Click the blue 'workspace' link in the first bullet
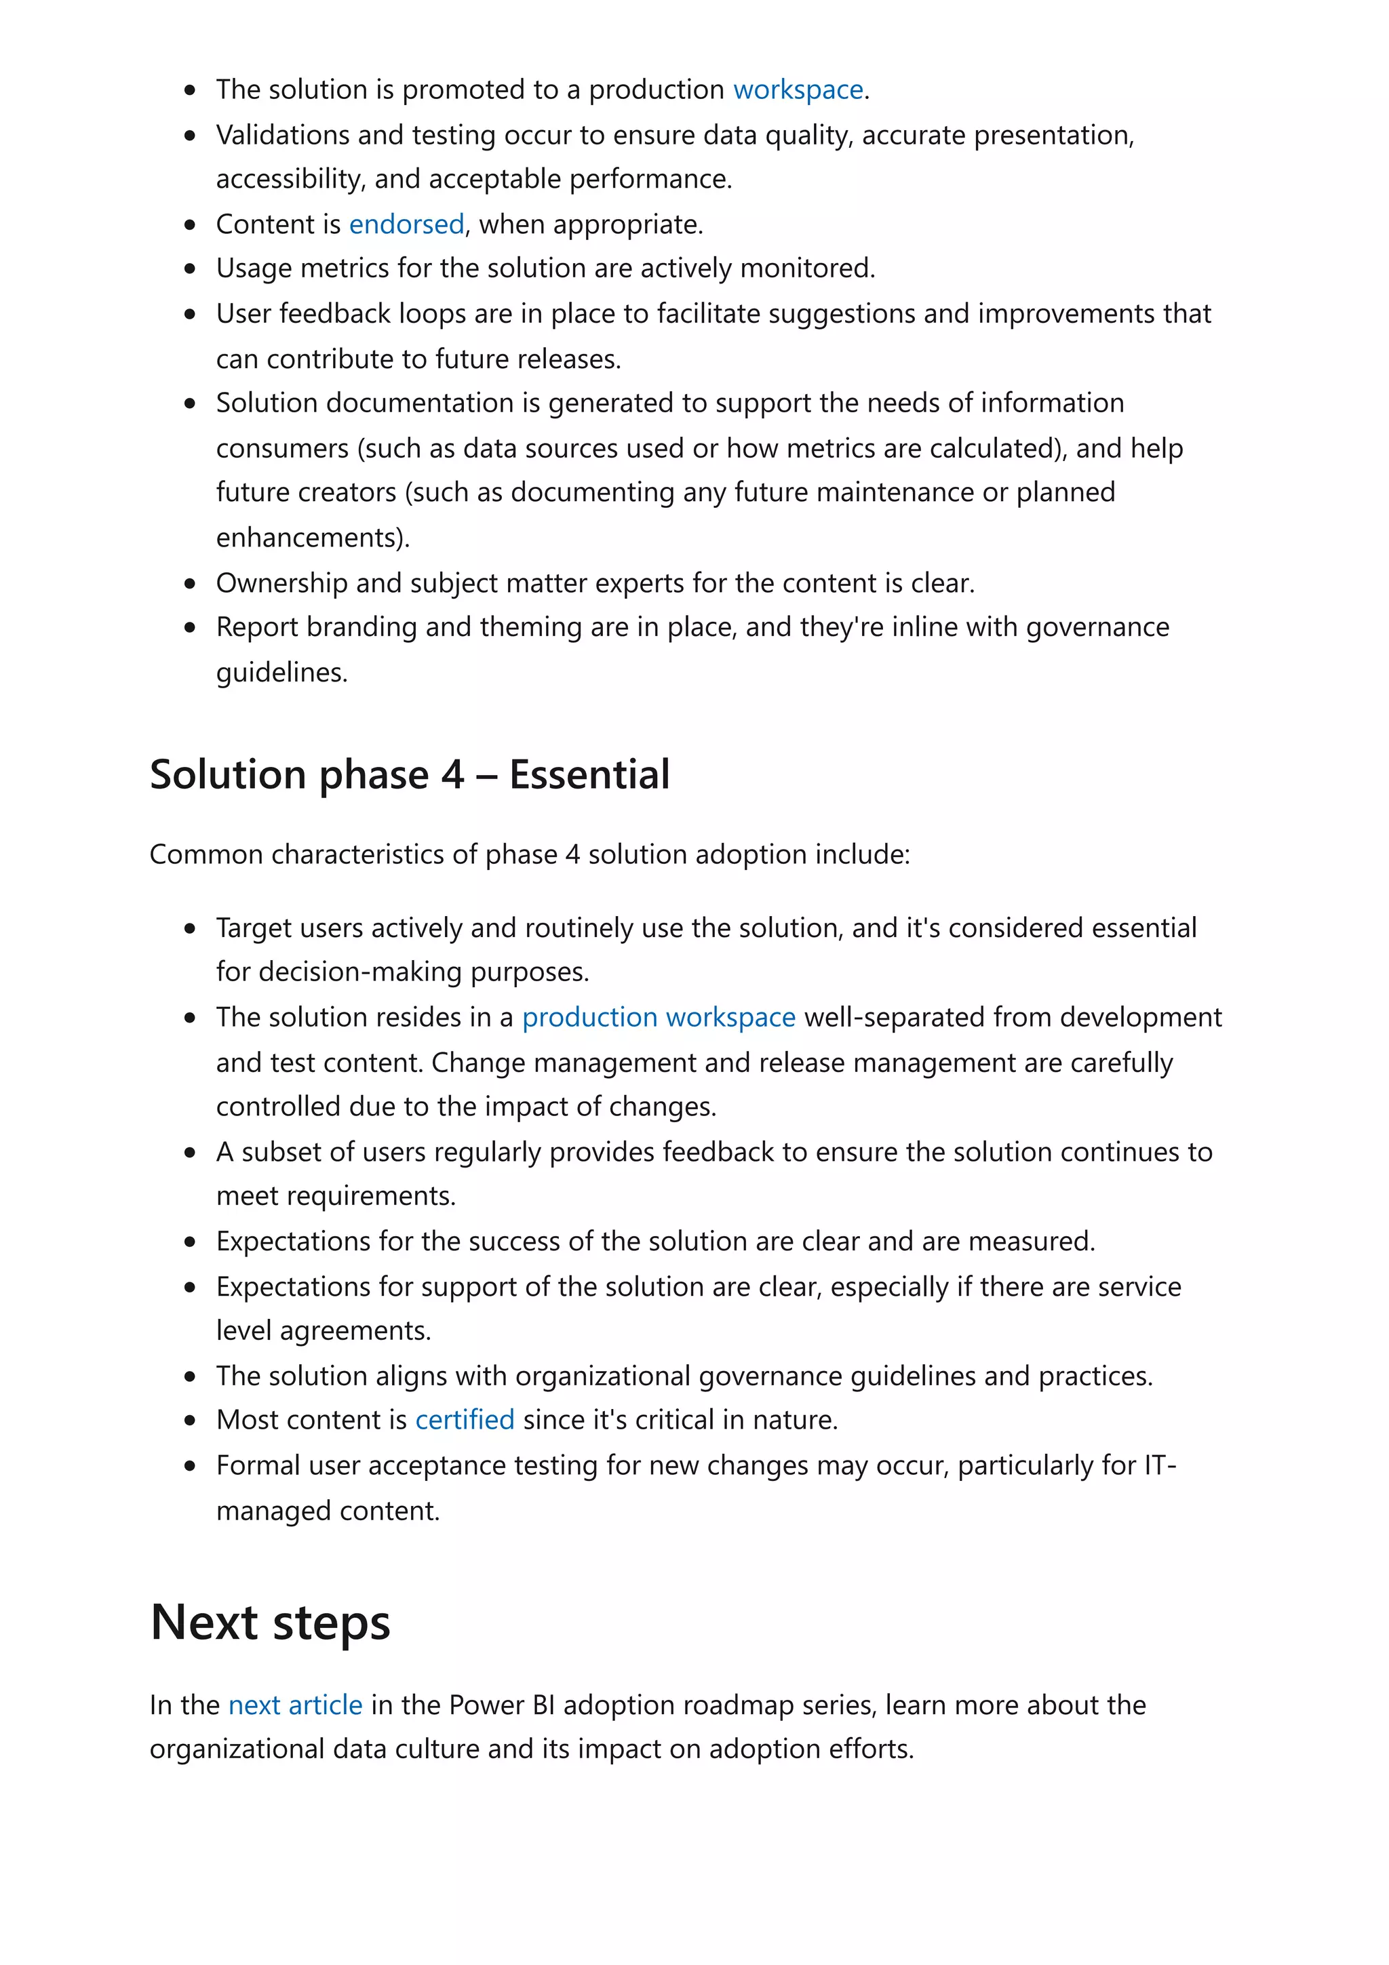coord(798,90)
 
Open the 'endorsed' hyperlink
coord(406,224)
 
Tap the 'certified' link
coord(465,1420)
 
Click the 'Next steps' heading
coord(271,1622)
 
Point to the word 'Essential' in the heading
coord(589,774)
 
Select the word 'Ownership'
coord(281,583)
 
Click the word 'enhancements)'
coord(313,538)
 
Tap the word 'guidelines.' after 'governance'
coord(281,673)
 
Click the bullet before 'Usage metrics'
coord(190,269)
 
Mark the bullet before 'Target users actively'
coord(190,928)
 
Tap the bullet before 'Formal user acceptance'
coord(190,1466)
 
